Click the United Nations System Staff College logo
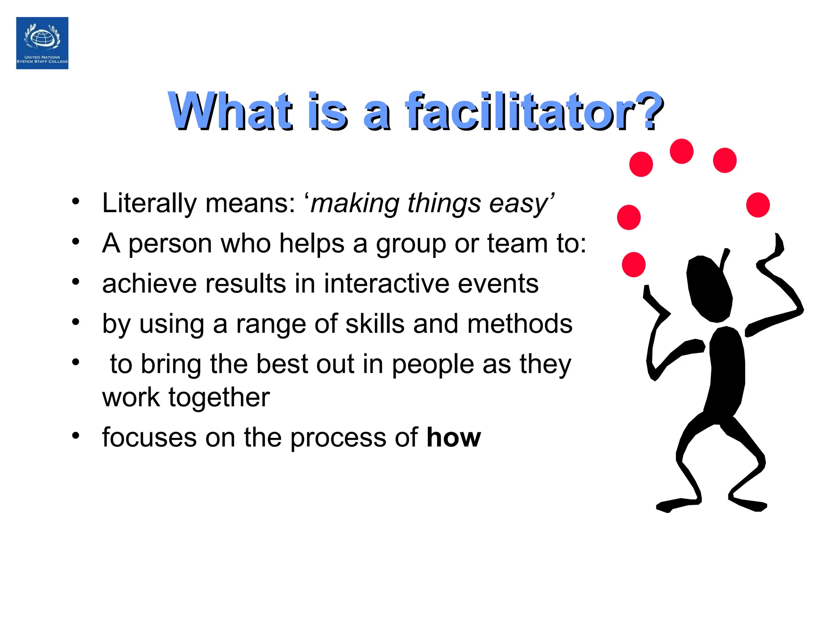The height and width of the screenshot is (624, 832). pos(42,43)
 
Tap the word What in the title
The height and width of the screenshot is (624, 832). pos(230,111)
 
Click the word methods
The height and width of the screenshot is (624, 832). pos(520,324)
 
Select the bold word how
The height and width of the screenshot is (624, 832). pos(453,438)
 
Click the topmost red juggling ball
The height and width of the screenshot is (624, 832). pos(681,151)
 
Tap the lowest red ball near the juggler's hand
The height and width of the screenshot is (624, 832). pos(633,264)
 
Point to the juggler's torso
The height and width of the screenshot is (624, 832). pos(727,370)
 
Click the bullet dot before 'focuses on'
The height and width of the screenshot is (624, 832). pos(76,435)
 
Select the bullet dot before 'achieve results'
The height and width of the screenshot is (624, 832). pos(76,281)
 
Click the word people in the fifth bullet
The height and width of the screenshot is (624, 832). pos(433,364)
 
